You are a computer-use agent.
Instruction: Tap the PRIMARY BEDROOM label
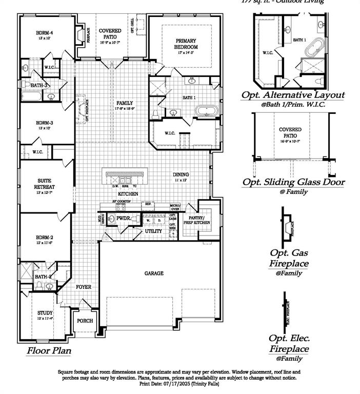(x=186, y=44)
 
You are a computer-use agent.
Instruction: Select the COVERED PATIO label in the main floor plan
(x=110, y=34)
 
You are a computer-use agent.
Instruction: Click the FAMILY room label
(x=125, y=103)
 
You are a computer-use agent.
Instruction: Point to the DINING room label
(x=181, y=174)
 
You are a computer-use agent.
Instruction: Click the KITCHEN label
(x=128, y=194)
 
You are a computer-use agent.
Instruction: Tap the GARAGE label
(x=153, y=273)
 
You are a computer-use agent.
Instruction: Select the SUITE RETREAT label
(x=45, y=184)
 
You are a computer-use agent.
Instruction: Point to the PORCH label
(x=85, y=321)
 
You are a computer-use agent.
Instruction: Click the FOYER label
(x=84, y=287)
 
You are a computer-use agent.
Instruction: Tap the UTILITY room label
(x=153, y=231)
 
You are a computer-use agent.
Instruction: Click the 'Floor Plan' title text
(x=49, y=351)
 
